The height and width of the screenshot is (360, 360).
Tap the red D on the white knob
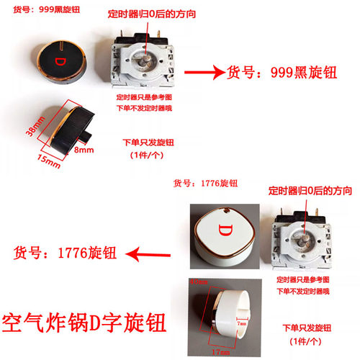coord(223,233)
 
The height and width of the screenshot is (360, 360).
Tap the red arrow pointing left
coord(148,253)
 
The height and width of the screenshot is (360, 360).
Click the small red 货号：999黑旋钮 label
coord(43,9)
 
